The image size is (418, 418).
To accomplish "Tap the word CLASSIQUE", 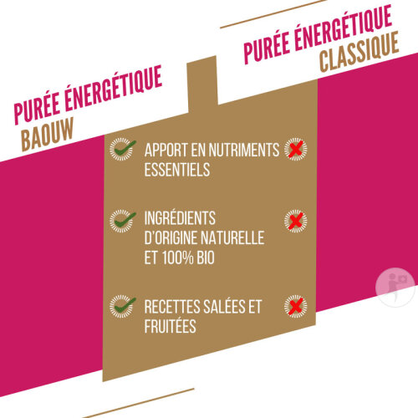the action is point(359,52).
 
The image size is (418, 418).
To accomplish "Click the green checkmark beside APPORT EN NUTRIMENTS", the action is point(123,149).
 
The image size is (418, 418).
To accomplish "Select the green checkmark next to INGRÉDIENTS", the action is point(123,221).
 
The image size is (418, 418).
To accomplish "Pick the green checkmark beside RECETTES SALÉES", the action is point(123,306).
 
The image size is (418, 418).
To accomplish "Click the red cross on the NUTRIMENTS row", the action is point(296,149).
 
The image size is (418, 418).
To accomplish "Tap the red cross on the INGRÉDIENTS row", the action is point(296,221).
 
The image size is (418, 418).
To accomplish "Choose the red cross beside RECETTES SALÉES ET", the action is point(296,306).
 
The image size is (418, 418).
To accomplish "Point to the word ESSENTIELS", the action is point(177,170).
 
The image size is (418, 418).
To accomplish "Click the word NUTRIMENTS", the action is point(244,150).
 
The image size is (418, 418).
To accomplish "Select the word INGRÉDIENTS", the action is point(180,218).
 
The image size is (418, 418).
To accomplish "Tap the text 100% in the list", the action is point(178,257).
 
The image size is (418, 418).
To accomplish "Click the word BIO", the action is point(206,257).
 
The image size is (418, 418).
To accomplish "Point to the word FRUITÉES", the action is point(171,326).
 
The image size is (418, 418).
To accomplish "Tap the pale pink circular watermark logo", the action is point(395,288).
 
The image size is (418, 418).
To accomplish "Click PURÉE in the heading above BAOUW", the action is point(37,110).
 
